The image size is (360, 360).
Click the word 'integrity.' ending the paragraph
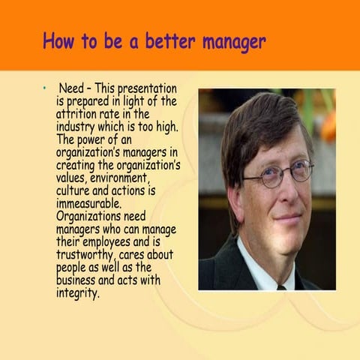78,292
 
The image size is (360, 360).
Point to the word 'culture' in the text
76,190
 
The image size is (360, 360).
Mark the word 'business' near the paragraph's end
79,280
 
